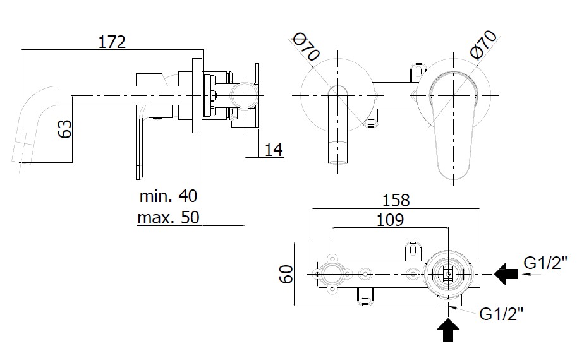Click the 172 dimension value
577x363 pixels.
(x=112, y=42)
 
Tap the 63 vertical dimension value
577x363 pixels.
(x=64, y=130)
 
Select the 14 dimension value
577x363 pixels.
(x=273, y=150)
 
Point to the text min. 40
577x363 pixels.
(x=169, y=196)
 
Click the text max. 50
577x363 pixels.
(x=168, y=218)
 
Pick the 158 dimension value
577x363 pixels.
(x=396, y=200)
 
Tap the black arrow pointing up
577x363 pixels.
(x=448, y=330)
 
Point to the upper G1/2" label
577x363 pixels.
(x=545, y=262)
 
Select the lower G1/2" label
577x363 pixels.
(x=502, y=313)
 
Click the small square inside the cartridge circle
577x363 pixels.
(x=448, y=273)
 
